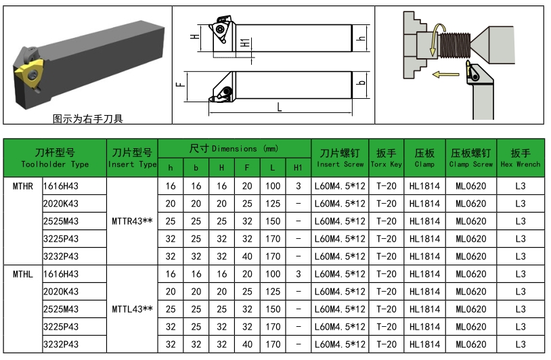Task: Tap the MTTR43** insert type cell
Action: click(131, 221)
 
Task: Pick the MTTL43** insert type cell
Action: click(131, 309)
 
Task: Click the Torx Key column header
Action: click(386, 158)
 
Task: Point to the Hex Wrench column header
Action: click(520, 158)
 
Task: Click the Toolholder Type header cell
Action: click(55, 158)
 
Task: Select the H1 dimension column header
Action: click(298, 167)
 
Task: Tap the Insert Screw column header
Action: click(340, 158)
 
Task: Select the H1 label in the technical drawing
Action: click(245, 43)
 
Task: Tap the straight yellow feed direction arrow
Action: click(446, 75)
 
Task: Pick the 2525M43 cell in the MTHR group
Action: click(60, 221)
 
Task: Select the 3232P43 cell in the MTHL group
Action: click(60, 344)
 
